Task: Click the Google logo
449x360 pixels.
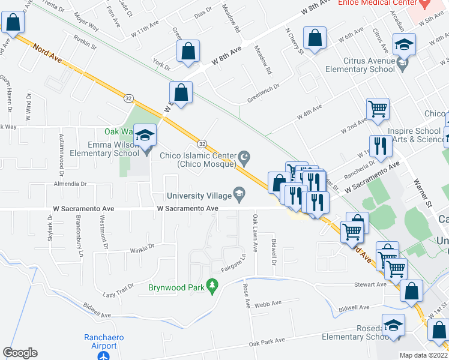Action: pos(20,353)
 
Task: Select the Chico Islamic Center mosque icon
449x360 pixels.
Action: pos(244,158)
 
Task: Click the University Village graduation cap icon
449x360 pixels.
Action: pos(239,193)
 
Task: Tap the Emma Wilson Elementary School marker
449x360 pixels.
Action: pos(145,136)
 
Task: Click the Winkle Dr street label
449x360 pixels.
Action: pos(142,246)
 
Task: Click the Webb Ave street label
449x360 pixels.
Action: pos(268,304)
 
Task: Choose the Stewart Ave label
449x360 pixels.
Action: pos(370,284)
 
